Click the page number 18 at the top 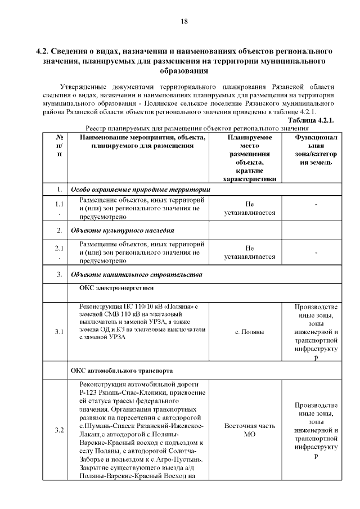click(183, 21)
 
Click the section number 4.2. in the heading click(46, 51)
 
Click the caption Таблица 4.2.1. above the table click(311, 120)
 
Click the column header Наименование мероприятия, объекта click(143, 141)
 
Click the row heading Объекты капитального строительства click(135, 274)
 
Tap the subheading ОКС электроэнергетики click(112, 288)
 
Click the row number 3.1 click(59, 332)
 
